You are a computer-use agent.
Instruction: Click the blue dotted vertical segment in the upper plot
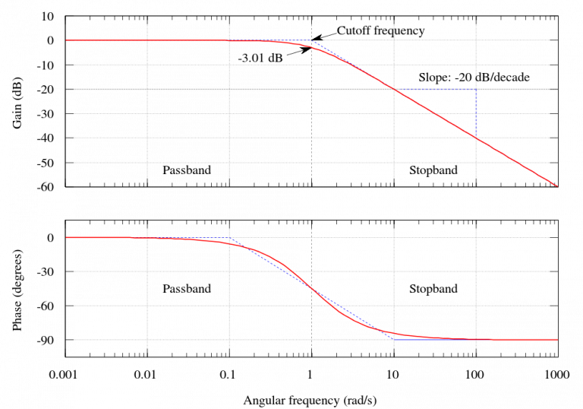[x=476, y=114]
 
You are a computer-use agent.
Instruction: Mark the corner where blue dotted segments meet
[x=476, y=90]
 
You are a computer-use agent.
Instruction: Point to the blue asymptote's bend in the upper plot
[x=312, y=40]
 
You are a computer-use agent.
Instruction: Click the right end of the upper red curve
[x=557, y=186]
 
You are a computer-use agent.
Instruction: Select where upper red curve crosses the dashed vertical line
[x=311, y=47]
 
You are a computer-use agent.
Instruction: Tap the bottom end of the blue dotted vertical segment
[x=476, y=138]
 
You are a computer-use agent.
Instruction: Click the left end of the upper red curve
[x=66, y=40]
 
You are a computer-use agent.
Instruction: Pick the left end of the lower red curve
[x=66, y=238]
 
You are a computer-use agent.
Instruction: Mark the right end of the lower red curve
[x=557, y=340]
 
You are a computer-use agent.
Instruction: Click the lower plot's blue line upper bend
[x=229, y=238]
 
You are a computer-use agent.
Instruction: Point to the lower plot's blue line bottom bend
[x=394, y=339]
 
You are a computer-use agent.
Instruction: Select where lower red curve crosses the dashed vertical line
[x=311, y=289]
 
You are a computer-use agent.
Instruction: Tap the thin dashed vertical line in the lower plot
[x=311, y=319]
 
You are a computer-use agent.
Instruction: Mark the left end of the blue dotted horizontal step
[x=394, y=90]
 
